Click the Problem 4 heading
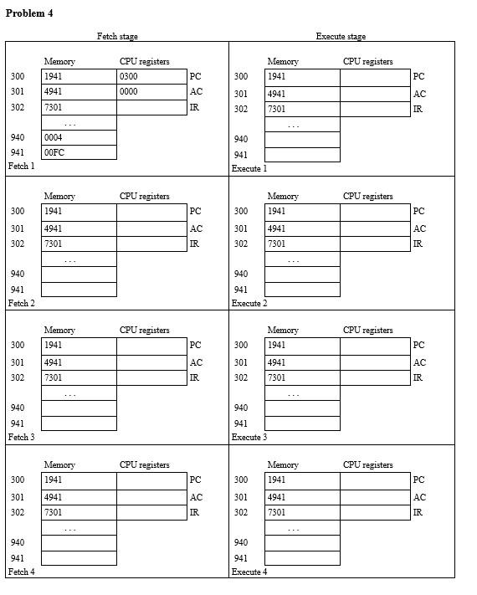coord(29,13)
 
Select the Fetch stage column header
coord(117,36)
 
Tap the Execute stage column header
coord(341,36)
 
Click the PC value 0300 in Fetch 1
coord(129,76)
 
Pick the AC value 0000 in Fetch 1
coord(129,91)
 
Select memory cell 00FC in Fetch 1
coord(54,152)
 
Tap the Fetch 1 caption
coord(21,166)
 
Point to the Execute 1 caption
coord(249,168)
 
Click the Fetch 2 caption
coord(21,303)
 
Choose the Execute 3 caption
coord(249,437)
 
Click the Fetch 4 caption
coord(21,572)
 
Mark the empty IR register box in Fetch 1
coord(151,107)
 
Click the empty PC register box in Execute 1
coord(375,77)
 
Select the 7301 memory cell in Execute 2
coord(302,244)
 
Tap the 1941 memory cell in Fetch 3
coord(79,345)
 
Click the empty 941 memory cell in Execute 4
coord(302,558)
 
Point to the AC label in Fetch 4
coord(196,497)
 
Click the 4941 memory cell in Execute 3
coord(302,362)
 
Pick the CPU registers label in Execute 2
coord(367,196)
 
